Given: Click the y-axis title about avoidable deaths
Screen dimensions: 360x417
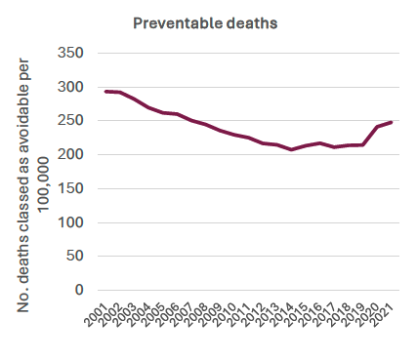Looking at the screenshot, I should tap(35, 180).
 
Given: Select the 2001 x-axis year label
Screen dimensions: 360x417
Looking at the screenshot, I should tap(97, 314).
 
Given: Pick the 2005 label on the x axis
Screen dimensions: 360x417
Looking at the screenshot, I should tap(153, 314).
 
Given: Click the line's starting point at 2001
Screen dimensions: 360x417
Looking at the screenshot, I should tap(106, 91).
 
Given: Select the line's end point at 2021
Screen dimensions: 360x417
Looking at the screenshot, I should tap(392, 122).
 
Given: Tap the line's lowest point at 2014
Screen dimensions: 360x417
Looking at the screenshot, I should tap(292, 149).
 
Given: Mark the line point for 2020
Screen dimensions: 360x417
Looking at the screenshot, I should tap(377, 127).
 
